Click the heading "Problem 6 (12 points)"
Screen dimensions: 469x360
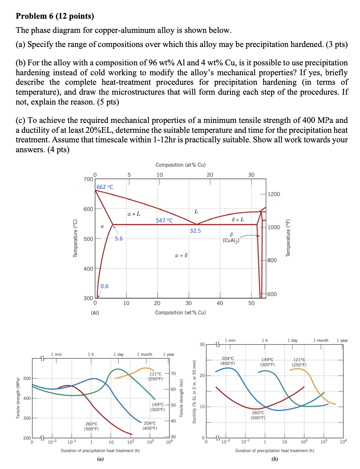(55, 16)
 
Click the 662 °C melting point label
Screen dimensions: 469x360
(105, 187)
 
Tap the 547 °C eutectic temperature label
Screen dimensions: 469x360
(164, 220)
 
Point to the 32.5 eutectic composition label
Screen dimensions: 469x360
(195, 231)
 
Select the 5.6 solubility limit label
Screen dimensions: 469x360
(119, 238)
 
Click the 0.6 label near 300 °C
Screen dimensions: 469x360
(104, 286)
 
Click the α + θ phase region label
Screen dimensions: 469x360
(181, 255)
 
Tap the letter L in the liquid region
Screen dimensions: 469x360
(196, 212)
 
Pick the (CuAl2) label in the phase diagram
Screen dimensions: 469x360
(231, 241)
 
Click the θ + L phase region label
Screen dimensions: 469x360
(238, 220)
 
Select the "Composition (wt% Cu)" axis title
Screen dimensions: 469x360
(180, 313)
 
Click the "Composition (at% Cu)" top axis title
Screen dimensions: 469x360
(180, 165)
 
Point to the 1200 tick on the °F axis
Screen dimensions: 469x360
(274, 194)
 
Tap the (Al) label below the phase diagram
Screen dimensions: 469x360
(95, 313)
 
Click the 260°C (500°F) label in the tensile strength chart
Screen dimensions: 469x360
(91, 426)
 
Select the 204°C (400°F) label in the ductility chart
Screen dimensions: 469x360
(228, 361)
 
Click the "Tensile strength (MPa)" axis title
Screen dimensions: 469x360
(18, 398)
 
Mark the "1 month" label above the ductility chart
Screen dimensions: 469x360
(320, 340)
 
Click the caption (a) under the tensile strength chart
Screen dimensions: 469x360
(101, 459)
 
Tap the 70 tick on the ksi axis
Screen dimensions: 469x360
(173, 373)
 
